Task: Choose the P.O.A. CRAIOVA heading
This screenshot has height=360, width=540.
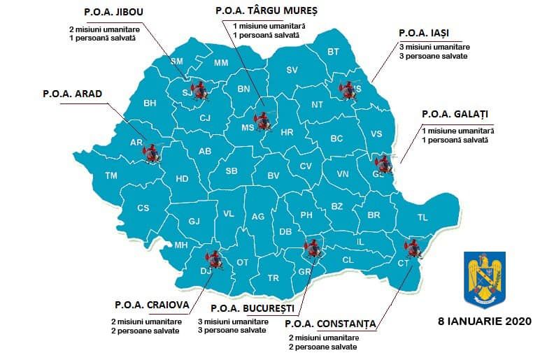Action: (147, 305)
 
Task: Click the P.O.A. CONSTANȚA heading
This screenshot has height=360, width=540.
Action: (331, 324)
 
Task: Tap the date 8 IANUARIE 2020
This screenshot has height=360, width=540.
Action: (484, 322)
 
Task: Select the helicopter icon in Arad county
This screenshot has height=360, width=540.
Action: (151, 151)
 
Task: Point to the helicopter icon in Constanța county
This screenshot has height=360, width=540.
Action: (413, 248)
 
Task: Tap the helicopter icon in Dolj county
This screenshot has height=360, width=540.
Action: (213, 260)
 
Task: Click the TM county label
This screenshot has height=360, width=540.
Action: (111, 175)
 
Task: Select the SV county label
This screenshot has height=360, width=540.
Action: (292, 69)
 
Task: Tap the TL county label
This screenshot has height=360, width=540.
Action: (422, 217)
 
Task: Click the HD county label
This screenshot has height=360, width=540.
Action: (182, 179)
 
